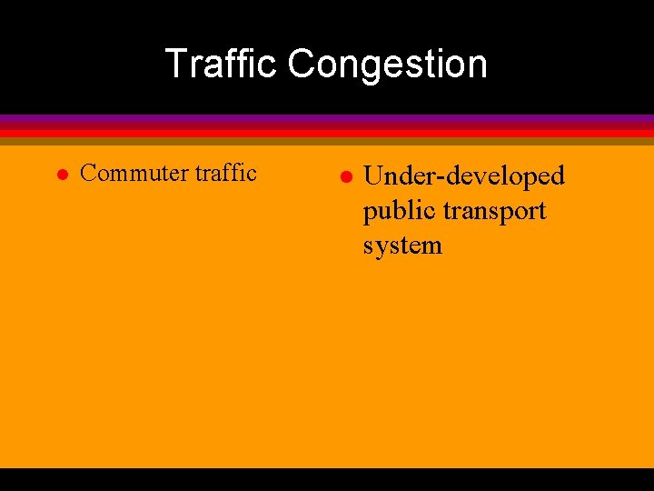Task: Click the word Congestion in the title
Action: click(388, 65)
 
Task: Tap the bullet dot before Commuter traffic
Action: click(62, 174)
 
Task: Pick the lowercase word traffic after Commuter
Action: click(227, 173)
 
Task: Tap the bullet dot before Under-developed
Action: click(345, 175)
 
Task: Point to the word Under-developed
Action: click(464, 175)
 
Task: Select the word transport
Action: click(490, 212)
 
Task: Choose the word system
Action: click(402, 245)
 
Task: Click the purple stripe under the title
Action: click(327, 119)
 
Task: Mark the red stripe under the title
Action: click(327, 132)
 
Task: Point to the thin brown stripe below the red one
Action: click(327, 141)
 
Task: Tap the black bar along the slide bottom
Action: click(327, 479)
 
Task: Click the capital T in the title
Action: click(175, 65)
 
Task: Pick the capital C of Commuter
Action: click(88, 174)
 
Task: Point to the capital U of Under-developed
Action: click(373, 175)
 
